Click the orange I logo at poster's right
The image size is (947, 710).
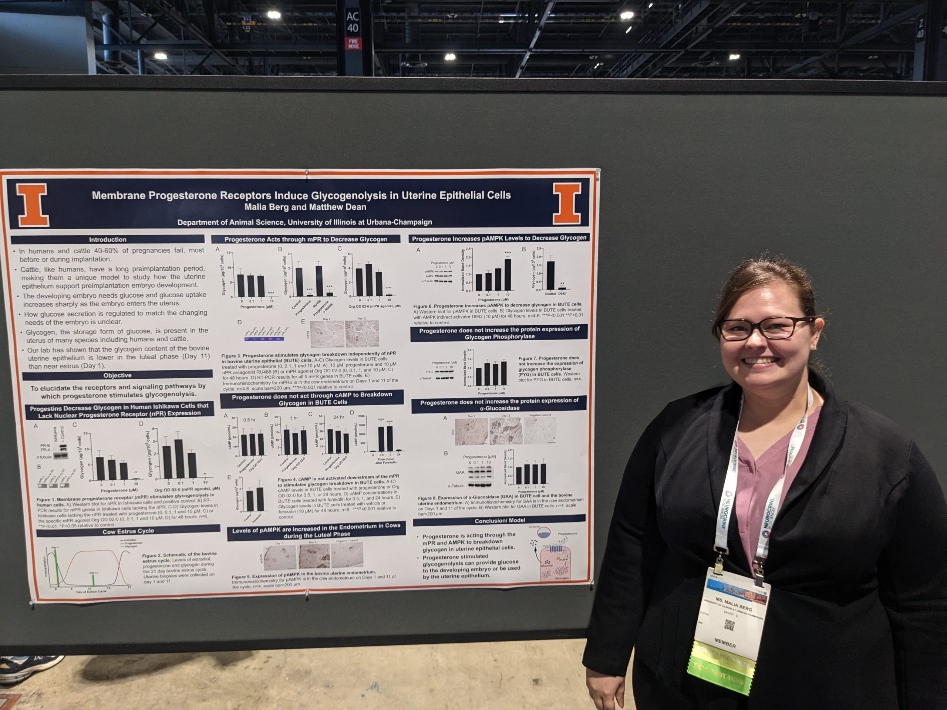(x=567, y=204)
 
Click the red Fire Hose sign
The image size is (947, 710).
(x=353, y=44)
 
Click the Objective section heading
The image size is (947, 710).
(x=117, y=375)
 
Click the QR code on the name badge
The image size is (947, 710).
(x=729, y=625)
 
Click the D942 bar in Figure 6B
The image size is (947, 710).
(x=562, y=288)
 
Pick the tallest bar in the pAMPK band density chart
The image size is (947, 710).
(x=508, y=274)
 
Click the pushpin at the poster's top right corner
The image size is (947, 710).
(x=598, y=172)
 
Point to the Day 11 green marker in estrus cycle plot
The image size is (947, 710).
(x=93, y=580)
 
